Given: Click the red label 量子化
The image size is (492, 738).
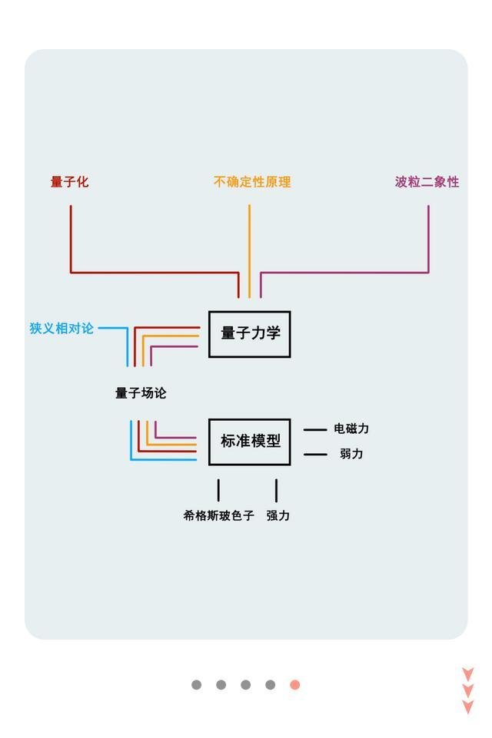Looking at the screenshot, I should coord(70,182).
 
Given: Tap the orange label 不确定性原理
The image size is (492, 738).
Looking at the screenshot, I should coord(252,182).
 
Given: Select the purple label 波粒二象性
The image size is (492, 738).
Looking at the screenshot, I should coord(427,182).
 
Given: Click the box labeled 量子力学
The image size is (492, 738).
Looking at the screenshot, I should coord(250,333).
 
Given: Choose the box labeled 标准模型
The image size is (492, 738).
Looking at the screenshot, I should coord(250,442).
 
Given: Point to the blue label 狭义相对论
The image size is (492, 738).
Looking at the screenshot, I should coord(61,328).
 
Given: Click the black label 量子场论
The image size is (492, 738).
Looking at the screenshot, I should coord(141,393).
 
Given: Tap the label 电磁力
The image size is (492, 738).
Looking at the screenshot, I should coord(351,429).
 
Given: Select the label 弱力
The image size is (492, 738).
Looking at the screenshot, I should coord(351,454).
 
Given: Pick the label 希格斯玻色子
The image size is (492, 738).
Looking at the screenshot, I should coord(218,515).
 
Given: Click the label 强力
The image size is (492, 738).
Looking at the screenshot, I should coord(278,515).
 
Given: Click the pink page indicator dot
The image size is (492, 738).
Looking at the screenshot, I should coord(294,684).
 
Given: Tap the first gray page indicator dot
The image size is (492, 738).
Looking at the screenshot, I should coord(197,684).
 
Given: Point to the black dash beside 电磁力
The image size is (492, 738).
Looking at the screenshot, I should coord(315,429).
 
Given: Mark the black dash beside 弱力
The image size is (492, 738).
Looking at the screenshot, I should coord(315,455).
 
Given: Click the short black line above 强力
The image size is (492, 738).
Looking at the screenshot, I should coord(276,490).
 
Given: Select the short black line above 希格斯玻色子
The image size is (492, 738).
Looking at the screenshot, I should coord(218,490).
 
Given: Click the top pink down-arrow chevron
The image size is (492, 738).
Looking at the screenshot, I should coord(467,673).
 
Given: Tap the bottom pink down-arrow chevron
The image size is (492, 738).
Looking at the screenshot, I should coord(467,707).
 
